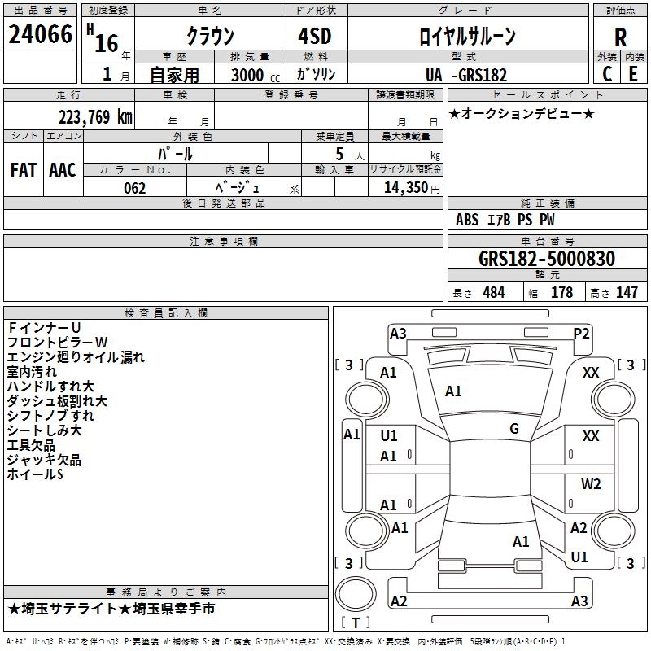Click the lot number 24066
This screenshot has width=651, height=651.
[40, 34]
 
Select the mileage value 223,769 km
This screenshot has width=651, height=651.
[95, 117]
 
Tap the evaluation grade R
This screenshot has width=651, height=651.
[620, 37]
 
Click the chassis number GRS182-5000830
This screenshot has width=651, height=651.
[547, 258]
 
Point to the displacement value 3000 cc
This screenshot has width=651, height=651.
[256, 75]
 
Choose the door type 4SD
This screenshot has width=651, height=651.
[315, 36]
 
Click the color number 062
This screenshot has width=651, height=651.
[135, 188]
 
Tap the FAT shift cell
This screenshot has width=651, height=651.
[24, 170]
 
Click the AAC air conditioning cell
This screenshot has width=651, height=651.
[63, 170]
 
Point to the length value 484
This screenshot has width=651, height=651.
[494, 292]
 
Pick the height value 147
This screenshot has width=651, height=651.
[627, 292]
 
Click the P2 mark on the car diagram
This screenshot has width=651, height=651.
[581, 334]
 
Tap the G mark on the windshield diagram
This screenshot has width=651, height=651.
[514, 429]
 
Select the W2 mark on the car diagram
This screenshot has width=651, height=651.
[591, 483]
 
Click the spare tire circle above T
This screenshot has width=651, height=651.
[356, 594]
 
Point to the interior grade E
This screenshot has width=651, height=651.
[633, 74]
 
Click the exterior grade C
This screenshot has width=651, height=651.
[607, 74]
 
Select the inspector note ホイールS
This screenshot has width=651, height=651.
[35, 474]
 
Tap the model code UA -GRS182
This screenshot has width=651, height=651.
[465, 75]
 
